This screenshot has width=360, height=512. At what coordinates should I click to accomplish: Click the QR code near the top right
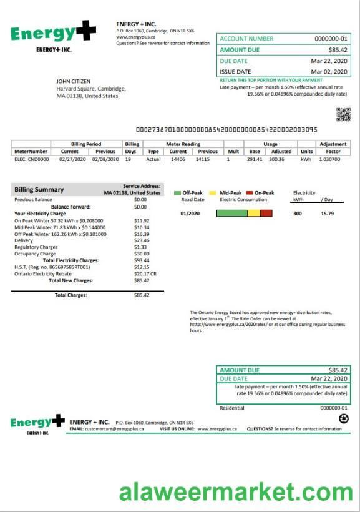(x=343, y=114)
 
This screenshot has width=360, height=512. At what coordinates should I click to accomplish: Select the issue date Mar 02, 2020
(x=329, y=72)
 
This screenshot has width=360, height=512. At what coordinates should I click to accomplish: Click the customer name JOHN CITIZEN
(x=74, y=81)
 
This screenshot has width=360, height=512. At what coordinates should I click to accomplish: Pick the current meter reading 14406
(x=178, y=159)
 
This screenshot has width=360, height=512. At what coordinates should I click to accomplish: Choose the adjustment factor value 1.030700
(x=333, y=159)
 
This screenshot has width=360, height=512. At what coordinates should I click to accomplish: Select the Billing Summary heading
(x=39, y=189)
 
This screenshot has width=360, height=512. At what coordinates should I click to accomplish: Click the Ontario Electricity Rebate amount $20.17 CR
(x=145, y=273)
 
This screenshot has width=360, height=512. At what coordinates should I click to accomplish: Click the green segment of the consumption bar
(x=231, y=213)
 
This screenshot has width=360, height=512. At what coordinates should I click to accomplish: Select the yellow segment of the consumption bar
(x=253, y=213)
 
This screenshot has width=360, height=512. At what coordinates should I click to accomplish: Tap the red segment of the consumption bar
(x=266, y=213)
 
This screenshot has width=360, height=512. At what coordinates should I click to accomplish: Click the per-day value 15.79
(x=328, y=213)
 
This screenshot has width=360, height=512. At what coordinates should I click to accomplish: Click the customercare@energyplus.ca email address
(x=114, y=429)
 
